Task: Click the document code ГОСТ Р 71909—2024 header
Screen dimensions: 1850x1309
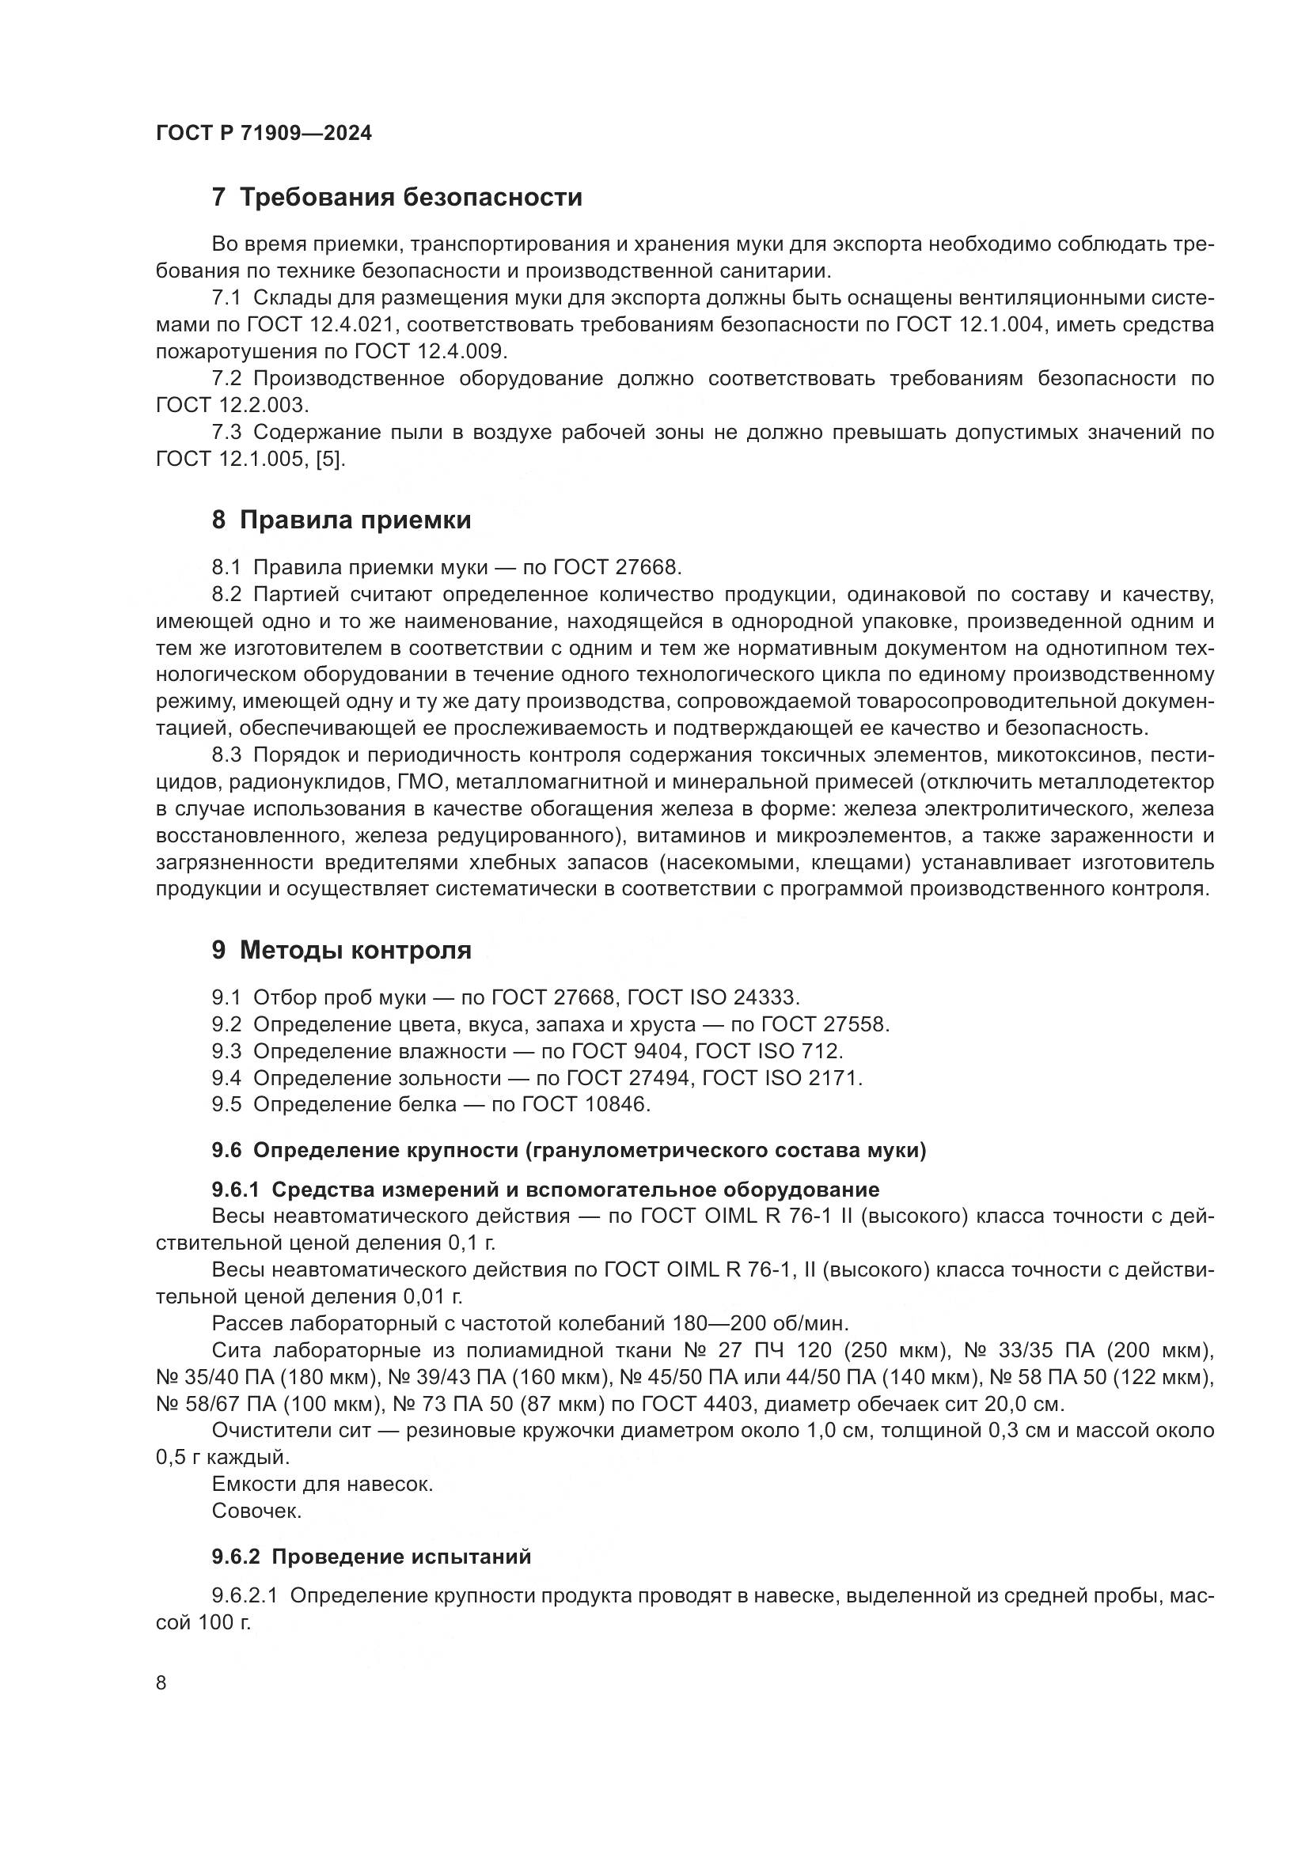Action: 264,134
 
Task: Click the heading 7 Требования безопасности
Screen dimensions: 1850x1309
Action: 396,198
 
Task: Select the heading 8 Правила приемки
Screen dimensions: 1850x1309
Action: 341,520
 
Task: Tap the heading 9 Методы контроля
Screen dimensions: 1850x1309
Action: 341,951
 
